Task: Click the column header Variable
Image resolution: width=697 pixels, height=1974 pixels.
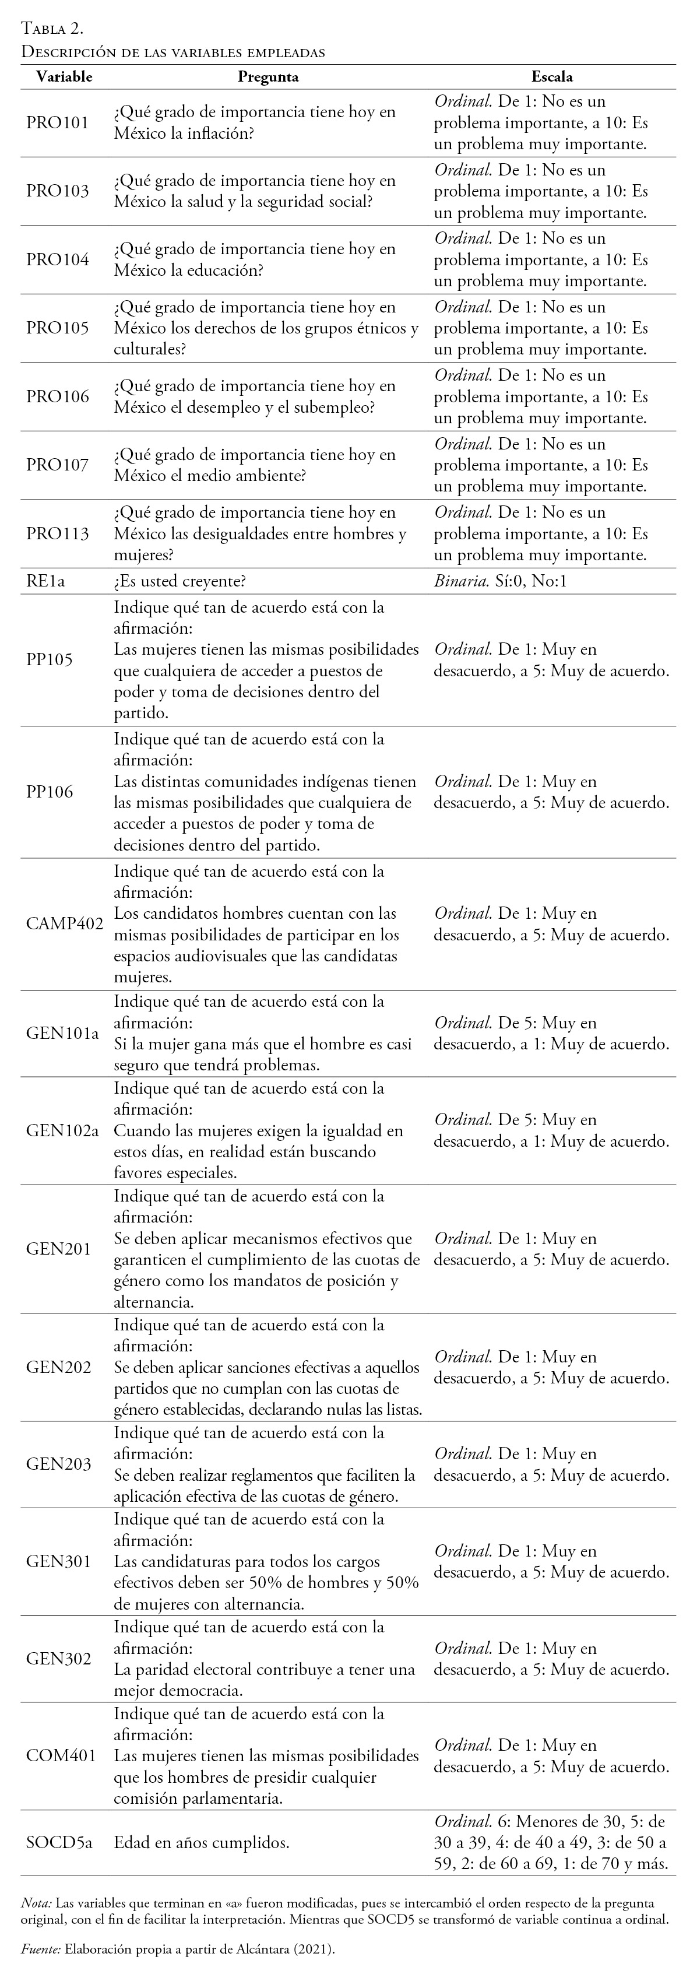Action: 64,76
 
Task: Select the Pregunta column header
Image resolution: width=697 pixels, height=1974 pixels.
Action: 267,76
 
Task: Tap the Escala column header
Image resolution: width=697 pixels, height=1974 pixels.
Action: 551,76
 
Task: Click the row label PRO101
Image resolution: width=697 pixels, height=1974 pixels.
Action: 58,122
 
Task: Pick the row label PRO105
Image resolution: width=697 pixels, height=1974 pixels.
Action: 58,328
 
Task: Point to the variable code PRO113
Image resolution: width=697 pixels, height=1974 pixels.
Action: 58,533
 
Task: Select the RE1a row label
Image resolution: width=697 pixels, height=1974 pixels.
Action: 46,581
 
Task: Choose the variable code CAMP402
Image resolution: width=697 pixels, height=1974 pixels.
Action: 64,923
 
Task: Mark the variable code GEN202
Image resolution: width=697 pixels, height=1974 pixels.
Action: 58,1367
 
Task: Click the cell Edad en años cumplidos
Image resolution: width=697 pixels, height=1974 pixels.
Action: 202,1843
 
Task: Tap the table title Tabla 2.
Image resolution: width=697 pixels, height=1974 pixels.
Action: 52,29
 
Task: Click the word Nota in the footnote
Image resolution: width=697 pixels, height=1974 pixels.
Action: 36,1903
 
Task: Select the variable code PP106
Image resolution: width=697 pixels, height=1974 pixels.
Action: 50,792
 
